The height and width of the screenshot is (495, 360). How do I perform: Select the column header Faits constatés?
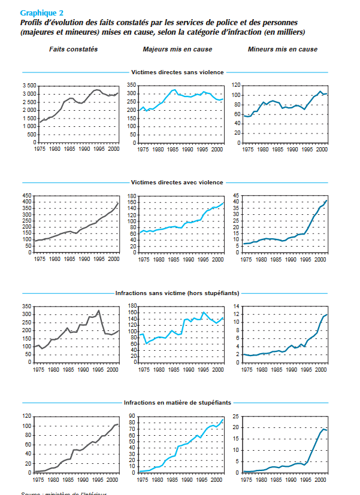73,49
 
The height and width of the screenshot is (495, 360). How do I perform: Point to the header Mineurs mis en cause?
283,49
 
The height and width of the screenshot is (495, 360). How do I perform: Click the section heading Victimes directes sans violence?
177,72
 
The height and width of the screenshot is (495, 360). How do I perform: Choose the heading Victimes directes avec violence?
177,182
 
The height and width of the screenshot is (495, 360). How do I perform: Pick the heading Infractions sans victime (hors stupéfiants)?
177,293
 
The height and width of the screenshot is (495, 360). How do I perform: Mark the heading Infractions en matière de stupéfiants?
177,403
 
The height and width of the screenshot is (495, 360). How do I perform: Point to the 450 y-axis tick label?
30,196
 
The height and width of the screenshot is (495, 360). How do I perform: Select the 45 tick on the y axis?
236,196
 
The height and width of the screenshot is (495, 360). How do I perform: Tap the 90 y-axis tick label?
133,416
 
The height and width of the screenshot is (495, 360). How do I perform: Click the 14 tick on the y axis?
236,306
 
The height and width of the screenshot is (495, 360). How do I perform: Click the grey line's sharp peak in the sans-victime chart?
98,310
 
